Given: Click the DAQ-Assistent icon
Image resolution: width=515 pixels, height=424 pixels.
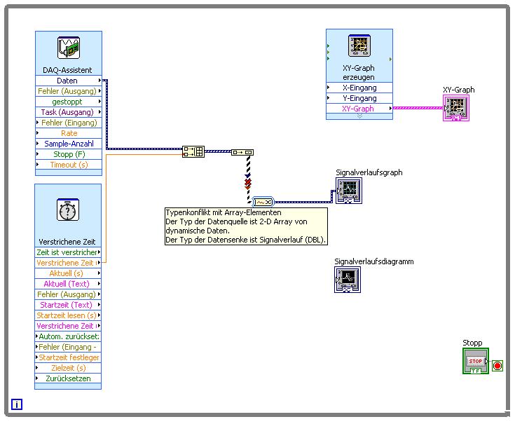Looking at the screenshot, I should click(69, 48).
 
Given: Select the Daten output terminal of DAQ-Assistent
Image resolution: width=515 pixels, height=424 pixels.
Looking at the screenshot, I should click(68, 81).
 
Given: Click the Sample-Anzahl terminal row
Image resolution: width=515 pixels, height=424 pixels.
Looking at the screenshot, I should click(68, 144).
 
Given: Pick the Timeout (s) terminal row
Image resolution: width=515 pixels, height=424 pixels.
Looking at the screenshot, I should click(68, 165).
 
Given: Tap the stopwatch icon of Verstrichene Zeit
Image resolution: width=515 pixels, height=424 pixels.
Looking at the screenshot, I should click(68, 210).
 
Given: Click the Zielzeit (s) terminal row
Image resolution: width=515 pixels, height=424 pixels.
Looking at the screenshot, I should click(68, 368).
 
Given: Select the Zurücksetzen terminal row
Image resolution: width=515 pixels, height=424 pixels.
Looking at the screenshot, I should click(68, 378).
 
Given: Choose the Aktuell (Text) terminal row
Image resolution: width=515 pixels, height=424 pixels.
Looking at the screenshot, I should click(68, 284).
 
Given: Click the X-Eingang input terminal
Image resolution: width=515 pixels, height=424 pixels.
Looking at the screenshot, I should click(359, 88).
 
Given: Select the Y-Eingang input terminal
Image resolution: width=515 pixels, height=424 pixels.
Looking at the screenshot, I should click(359, 98).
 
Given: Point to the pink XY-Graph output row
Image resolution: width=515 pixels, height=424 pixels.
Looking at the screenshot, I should click(359, 109).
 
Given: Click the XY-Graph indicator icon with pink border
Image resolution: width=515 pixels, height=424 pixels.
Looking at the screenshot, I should click(455, 108).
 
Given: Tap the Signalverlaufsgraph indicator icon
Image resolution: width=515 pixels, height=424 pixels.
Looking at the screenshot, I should click(349, 189).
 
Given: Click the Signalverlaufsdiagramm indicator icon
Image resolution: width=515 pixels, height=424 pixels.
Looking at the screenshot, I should click(348, 279).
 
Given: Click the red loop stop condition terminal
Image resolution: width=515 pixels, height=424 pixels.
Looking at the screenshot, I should click(497, 365).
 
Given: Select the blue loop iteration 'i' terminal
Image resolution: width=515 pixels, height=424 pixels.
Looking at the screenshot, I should click(17, 404).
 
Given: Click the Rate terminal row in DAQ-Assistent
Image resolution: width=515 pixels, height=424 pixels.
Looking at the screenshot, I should click(68, 133).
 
